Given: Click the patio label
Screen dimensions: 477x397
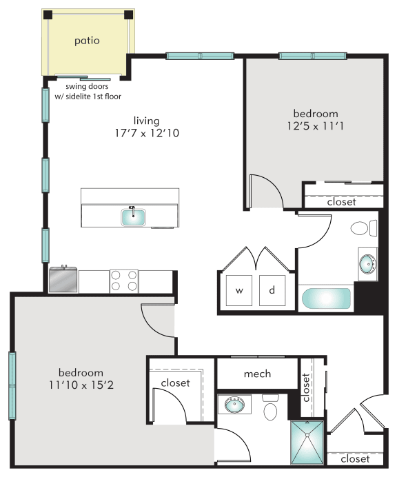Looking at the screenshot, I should point(87,41).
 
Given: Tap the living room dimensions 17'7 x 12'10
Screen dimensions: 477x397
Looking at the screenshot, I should point(147,133).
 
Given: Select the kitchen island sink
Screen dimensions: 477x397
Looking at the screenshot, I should point(134,217).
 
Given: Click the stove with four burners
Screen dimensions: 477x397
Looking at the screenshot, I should point(124,281).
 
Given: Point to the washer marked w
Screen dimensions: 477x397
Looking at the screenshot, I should point(239,290).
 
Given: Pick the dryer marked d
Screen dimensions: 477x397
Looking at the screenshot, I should point(272,290).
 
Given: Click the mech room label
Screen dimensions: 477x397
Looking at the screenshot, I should point(257,374).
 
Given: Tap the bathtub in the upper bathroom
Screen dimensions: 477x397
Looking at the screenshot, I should point(327,298).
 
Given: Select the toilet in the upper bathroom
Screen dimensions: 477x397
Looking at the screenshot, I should point(363,228).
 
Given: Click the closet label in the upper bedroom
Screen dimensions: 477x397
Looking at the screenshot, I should point(341,201).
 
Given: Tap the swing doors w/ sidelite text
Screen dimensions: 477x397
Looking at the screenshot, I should point(88,92).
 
